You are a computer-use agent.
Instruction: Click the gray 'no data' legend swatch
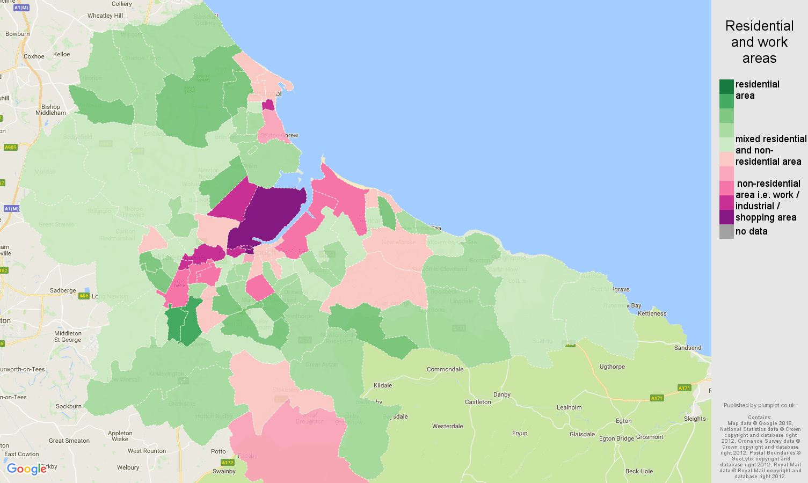726,231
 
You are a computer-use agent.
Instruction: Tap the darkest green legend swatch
726,86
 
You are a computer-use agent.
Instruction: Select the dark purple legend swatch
726,217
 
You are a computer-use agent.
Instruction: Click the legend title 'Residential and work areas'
759,42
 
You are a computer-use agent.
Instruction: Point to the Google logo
26,469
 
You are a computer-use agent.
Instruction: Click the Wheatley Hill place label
105,16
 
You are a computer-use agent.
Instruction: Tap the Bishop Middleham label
51,110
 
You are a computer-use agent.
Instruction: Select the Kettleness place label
652,313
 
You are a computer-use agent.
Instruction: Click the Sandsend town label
688,348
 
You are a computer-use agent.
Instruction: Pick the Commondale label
445,369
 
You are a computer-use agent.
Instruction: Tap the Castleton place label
478,402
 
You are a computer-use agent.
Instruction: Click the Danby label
502,394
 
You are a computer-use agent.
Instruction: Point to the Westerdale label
448,426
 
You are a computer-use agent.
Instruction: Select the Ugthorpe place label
612,367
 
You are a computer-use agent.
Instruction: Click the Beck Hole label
639,471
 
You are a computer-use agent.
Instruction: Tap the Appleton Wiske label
120,436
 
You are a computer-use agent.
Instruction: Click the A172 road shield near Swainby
228,463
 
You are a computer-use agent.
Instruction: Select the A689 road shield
11,147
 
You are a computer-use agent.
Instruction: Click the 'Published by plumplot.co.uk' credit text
760,406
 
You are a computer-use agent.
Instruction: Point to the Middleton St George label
68,336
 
